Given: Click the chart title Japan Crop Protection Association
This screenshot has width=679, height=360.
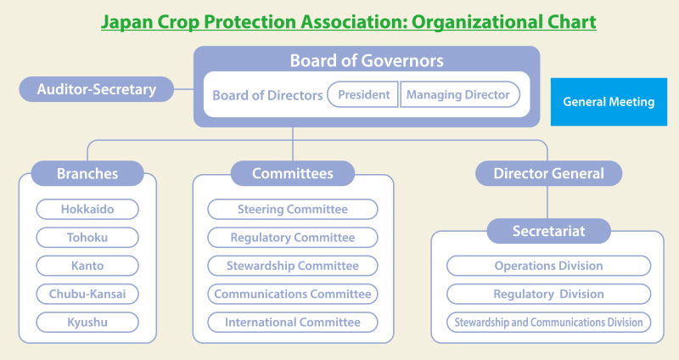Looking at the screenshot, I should pyautogui.click(x=348, y=21).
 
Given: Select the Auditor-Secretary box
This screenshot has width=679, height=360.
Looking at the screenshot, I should pyautogui.click(x=96, y=88).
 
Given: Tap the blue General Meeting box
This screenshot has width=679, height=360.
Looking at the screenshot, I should pyautogui.click(x=609, y=102).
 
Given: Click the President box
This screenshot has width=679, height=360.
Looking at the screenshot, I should pyautogui.click(x=363, y=94).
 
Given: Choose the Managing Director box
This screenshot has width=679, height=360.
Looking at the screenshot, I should pyautogui.click(x=457, y=94).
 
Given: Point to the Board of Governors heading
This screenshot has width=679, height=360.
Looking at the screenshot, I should pyautogui.click(x=367, y=61).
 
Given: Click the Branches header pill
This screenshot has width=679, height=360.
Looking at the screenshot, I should pyautogui.click(x=87, y=174).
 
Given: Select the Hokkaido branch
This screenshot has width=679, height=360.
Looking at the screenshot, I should pyautogui.click(x=87, y=209).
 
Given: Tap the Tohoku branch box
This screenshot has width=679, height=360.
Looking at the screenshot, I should pyautogui.click(x=87, y=238).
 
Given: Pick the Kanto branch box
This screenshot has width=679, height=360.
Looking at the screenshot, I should pyautogui.click(x=87, y=266).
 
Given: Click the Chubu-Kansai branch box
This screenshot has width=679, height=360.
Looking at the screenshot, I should pyautogui.click(x=87, y=294).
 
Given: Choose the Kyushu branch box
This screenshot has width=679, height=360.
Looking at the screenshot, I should pyautogui.click(x=87, y=323).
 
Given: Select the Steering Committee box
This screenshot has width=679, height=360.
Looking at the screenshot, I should pyautogui.click(x=293, y=209).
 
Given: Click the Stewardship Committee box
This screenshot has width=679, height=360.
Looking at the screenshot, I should pyautogui.click(x=293, y=266).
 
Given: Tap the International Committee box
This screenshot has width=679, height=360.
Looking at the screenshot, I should pyautogui.click(x=293, y=323).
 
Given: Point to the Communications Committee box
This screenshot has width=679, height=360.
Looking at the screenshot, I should pyautogui.click(x=293, y=294).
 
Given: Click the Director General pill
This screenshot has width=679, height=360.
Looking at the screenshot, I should pyautogui.click(x=548, y=173).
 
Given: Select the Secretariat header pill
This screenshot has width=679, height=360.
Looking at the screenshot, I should pyautogui.click(x=548, y=231).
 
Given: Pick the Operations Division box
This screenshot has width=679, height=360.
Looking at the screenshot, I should pyautogui.click(x=548, y=266).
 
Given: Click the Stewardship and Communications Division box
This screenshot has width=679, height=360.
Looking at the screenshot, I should pyautogui.click(x=548, y=323).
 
